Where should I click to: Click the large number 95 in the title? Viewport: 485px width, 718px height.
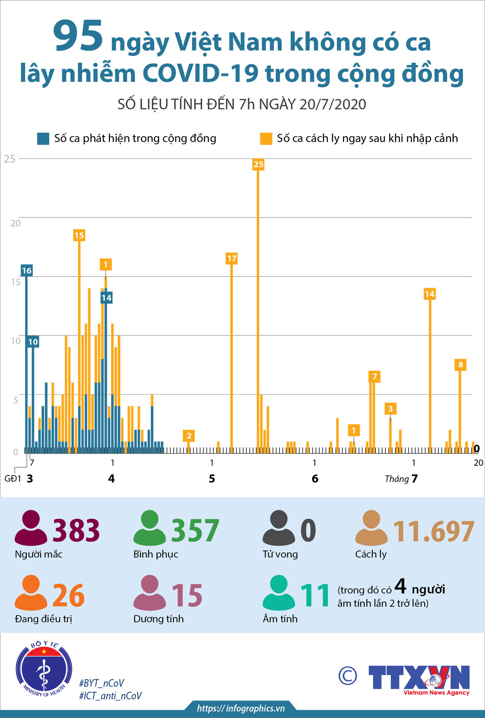coord(78,37)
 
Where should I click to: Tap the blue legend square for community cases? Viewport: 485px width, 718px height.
coord(43,138)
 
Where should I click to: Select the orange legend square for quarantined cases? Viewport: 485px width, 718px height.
coord(266,138)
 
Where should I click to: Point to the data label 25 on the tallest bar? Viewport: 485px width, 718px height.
coord(258,164)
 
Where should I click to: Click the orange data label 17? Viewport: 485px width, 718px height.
coord(232,259)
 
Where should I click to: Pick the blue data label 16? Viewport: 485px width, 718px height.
coord(26,271)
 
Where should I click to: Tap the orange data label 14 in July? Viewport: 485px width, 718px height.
coord(430,294)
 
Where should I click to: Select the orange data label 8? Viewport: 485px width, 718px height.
coord(460,365)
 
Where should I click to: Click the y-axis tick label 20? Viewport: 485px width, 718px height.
coord(15,224)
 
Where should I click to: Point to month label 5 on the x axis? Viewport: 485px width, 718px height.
coord(212,479)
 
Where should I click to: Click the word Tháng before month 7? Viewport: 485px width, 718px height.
coord(397,479)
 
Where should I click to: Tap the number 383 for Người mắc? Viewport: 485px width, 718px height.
coord(76,531)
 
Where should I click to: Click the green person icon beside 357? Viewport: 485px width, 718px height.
coord(150,528)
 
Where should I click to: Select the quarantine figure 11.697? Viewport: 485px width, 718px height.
coord(434,531)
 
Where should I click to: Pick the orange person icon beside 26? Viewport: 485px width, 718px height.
coord(31,593)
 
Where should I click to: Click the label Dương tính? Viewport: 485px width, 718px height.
coord(159,619)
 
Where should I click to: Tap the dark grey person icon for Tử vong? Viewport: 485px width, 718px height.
coord(279,528)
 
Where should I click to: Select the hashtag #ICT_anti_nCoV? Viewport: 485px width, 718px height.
coord(110,696)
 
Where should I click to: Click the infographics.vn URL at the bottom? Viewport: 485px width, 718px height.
coord(241,708)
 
